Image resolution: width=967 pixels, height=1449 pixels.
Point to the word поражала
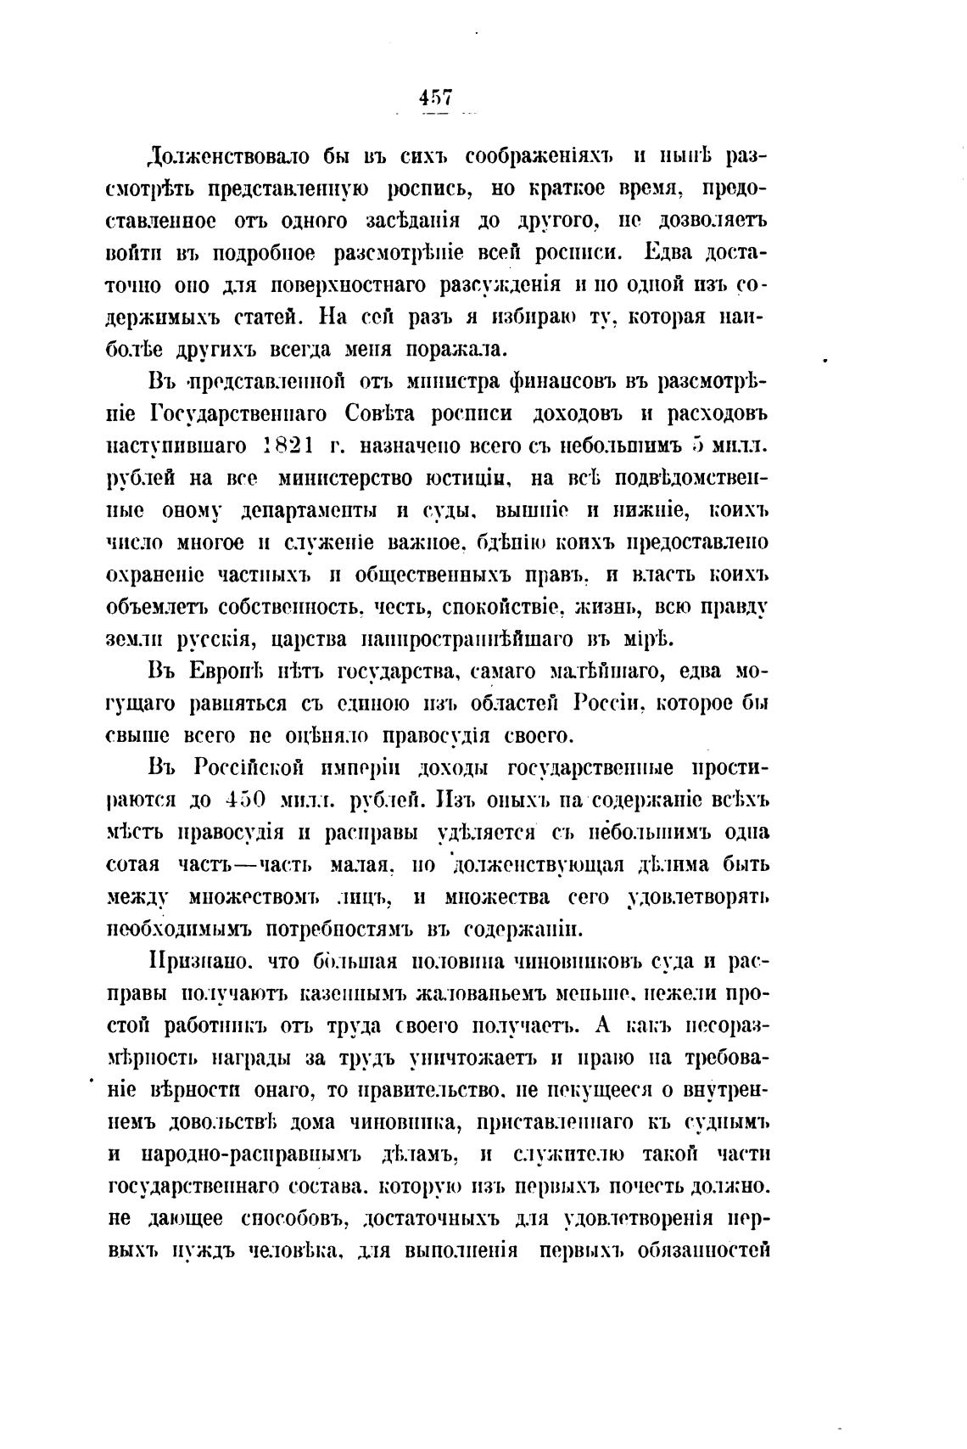(x=456, y=350)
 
